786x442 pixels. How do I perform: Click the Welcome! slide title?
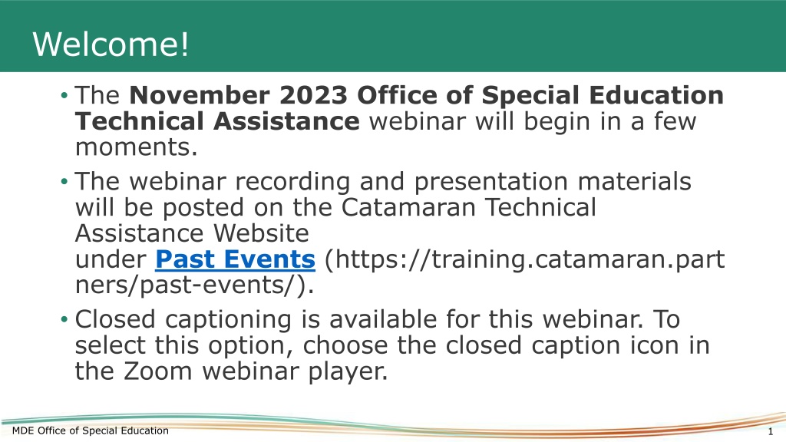111,44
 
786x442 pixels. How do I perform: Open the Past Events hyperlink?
235,259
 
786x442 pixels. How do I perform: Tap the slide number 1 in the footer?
771,431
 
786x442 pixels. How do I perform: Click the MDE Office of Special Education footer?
91,430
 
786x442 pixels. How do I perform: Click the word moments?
137,147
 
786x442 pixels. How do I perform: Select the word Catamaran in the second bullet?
408,207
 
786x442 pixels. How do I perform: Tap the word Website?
261,233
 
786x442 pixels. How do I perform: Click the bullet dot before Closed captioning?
64,319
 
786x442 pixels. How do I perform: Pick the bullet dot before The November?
64,95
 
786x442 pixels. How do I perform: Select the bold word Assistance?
286,121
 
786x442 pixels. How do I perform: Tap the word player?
348,372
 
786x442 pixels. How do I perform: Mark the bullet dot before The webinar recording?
64,181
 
